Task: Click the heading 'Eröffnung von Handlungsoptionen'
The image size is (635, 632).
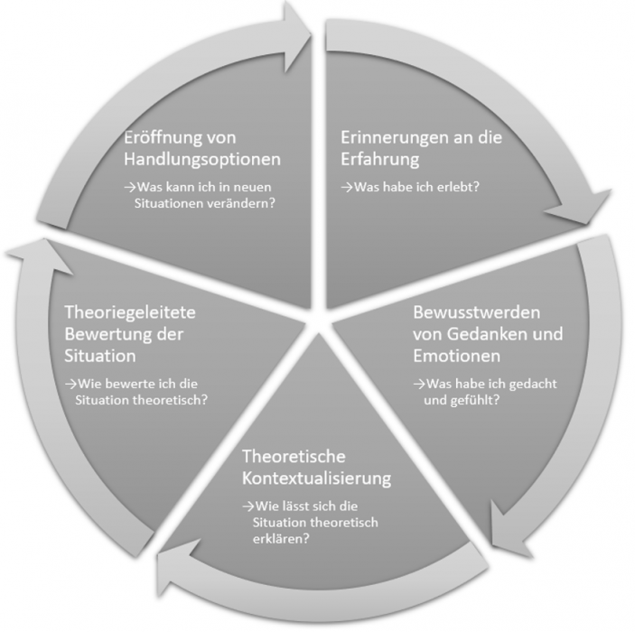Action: [x=202, y=148]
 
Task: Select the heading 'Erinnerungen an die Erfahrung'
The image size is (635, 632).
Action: [x=421, y=148]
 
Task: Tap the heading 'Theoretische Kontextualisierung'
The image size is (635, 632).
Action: [x=316, y=467]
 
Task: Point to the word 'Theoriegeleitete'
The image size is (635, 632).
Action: [x=130, y=312]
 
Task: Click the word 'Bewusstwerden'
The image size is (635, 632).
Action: [x=477, y=312]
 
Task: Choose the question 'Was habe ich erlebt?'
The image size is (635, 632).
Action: [x=410, y=187]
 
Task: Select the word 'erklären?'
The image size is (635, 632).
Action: [x=281, y=539]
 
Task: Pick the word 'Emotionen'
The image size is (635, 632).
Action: [x=456, y=356]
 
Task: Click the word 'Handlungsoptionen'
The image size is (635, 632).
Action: [x=202, y=159]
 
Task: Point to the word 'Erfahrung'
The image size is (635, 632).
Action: [x=380, y=159]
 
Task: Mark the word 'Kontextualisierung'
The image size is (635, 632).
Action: [x=316, y=479]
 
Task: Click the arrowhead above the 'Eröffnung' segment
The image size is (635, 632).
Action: [x=295, y=37]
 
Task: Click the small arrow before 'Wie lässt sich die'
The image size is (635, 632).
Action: [x=247, y=507]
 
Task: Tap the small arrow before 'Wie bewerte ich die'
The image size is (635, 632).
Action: [x=70, y=384]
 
